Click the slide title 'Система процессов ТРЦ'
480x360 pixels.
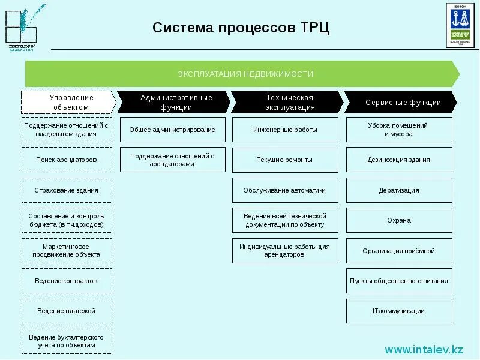coord(241,28)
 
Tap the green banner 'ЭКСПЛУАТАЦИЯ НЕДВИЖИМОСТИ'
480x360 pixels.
coord(242,74)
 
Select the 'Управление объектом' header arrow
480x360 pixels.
coord(68,102)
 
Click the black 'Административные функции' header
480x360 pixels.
coord(174,102)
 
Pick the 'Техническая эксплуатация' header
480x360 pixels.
coord(288,102)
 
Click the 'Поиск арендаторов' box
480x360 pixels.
coord(67,160)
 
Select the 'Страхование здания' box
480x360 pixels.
coord(67,190)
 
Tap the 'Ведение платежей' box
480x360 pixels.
coord(67,311)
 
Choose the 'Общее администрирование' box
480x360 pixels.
coord(173,130)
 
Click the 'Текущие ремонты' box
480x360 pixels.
coord(285,160)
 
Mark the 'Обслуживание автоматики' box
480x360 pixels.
coord(285,190)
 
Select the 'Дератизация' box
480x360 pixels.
coord(399,190)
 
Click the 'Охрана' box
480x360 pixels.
coord(399,220)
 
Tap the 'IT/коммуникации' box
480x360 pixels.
coord(399,311)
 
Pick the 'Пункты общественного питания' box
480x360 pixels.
coord(399,281)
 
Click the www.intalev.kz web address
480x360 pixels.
coord(424,349)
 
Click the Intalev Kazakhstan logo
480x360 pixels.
coord(23,28)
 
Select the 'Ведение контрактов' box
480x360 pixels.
coord(67,281)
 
